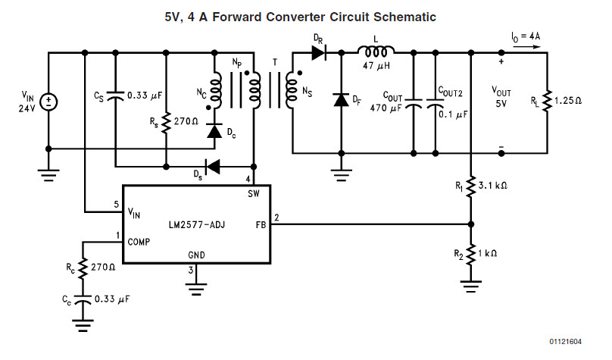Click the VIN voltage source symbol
[x=48, y=101]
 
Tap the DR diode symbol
[x=317, y=53]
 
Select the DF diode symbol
[x=340, y=100]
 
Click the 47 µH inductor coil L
[x=376, y=52]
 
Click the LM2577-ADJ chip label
[x=195, y=224]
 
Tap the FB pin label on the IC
[x=260, y=224]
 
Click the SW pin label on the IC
[x=254, y=194]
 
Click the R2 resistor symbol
[x=471, y=255]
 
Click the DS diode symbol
[x=214, y=165]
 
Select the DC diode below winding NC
[x=214, y=132]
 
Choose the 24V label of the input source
[x=27, y=107]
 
